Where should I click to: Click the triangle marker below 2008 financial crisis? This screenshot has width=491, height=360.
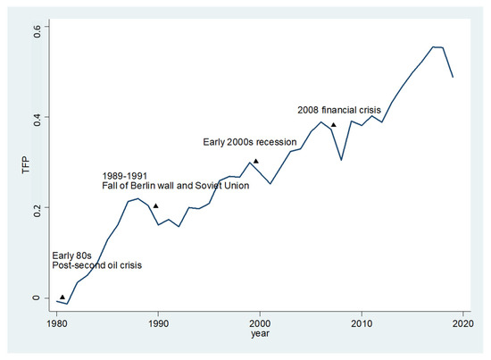click(333, 125)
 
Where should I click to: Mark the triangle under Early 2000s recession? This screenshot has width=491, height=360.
click(256, 162)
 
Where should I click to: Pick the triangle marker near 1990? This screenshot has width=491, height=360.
click(155, 206)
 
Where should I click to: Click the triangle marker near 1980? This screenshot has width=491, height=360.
click(62, 297)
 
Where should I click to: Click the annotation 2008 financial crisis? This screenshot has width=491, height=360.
click(338, 110)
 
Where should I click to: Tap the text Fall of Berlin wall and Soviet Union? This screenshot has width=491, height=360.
click(175, 186)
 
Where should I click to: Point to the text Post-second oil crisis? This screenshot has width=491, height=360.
click(96, 265)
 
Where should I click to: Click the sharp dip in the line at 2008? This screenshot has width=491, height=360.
click(341, 160)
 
